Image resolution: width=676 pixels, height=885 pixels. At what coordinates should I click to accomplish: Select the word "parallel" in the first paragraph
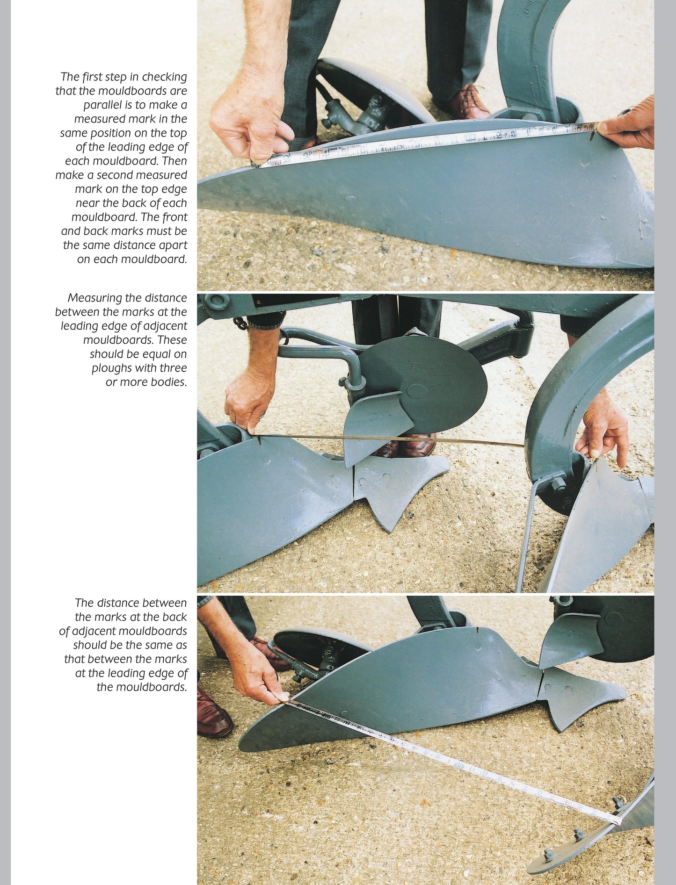pos(102,105)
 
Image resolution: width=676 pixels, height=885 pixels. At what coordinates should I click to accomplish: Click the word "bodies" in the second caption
pos(169,382)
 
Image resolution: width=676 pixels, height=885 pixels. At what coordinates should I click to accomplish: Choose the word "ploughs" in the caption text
pos(110,368)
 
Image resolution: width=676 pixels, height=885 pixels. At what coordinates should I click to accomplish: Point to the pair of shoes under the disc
pos(404,444)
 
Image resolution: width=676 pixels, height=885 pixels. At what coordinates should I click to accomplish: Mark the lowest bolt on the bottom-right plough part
pos(549,855)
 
